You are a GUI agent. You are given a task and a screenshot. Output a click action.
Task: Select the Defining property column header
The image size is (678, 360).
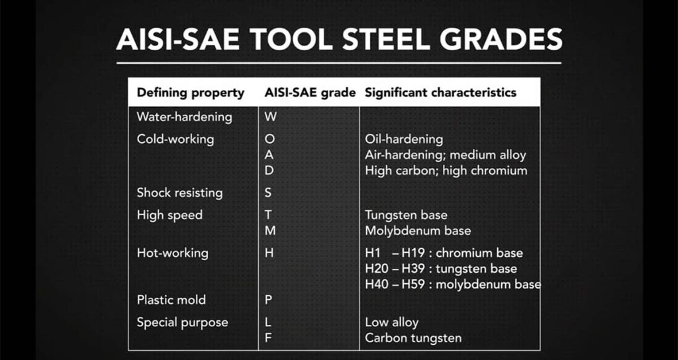[x=191, y=93]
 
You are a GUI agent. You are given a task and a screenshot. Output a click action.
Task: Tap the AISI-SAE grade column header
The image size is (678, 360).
[x=311, y=93]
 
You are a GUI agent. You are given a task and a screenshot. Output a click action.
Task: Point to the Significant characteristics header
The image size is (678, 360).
[x=440, y=93]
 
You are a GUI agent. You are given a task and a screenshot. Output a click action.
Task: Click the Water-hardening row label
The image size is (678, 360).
[x=184, y=117]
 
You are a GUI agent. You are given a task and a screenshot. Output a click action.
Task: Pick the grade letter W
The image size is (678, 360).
[x=270, y=117]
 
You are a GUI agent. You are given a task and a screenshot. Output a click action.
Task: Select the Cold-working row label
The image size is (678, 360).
[x=175, y=140]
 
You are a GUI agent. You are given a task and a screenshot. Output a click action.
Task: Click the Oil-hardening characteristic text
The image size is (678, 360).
[x=404, y=140]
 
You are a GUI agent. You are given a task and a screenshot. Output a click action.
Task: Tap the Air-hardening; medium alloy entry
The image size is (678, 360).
[x=446, y=155]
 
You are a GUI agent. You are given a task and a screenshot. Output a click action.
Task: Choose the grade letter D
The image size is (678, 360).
[x=269, y=171]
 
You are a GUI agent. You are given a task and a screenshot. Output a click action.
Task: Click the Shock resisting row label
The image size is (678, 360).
[x=179, y=193]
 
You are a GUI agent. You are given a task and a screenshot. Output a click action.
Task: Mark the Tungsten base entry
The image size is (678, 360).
[x=406, y=215]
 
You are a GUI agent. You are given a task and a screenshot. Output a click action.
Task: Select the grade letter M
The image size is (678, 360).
[x=270, y=231]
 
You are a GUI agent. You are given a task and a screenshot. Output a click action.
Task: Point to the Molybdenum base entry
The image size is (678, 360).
[x=418, y=231]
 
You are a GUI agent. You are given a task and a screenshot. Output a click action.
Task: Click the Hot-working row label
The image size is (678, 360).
[x=173, y=253]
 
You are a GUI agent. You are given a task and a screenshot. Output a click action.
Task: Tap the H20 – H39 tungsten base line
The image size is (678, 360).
[x=441, y=269]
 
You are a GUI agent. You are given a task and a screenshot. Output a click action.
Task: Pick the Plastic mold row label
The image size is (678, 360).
[x=171, y=300]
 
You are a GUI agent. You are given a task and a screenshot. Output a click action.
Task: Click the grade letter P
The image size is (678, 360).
[x=268, y=300]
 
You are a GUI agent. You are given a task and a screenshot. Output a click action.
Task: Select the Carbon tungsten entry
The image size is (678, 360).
[x=413, y=338]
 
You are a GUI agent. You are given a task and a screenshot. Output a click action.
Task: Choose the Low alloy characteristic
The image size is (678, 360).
[x=392, y=322]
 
